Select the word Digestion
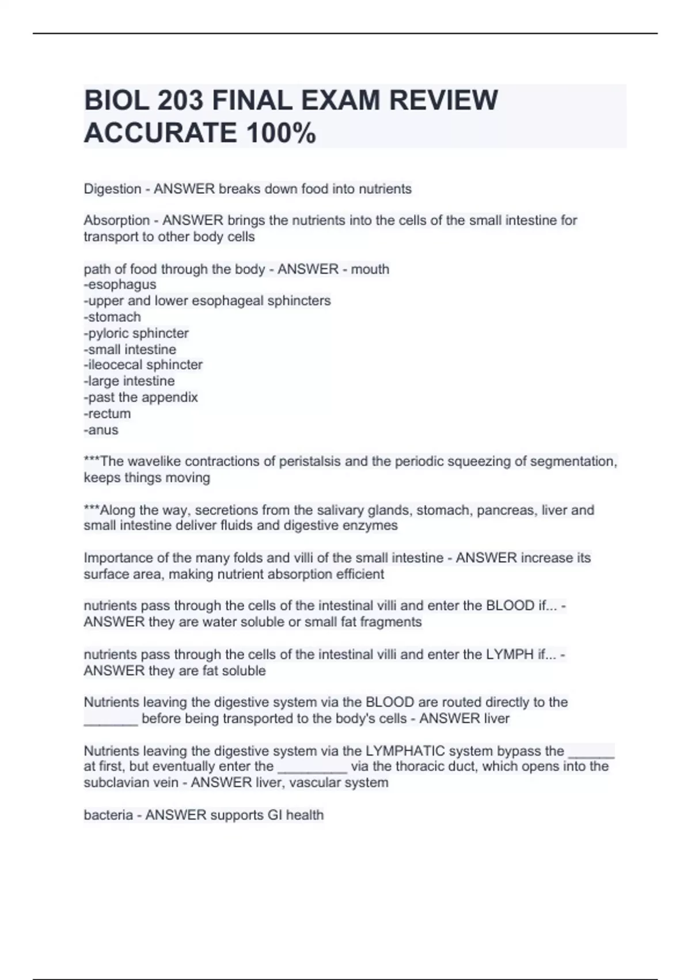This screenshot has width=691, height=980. (x=112, y=189)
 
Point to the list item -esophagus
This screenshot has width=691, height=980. (x=120, y=284)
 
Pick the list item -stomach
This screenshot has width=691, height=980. (x=112, y=316)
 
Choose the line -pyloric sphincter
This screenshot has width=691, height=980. (x=136, y=333)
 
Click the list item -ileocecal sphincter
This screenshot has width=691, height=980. (x=143, y=365)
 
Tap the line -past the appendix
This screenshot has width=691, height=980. (x=141, y=397)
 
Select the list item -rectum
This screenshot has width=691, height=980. (x=107, y=413)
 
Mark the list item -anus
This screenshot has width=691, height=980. (x=101, y=429)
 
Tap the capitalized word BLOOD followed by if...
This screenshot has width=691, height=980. (x=510, y=606)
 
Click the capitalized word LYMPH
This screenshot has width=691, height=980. (x=510, y=654)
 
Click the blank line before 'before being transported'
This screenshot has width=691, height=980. (x=111, y=719)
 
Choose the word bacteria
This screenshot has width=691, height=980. (x=108, y=815)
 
